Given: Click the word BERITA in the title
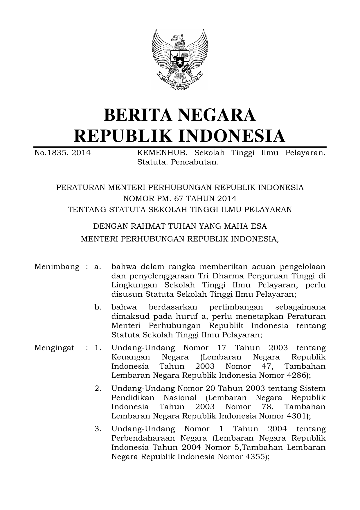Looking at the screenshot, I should point(136,115).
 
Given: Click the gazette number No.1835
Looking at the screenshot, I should point(51,153).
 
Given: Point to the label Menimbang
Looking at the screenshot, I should point(57,266).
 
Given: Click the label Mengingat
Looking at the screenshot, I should point(54,348).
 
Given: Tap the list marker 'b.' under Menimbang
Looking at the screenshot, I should point(98,307).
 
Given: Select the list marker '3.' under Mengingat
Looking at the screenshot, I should point(98,429).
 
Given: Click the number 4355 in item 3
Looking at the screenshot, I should point(255,456).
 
